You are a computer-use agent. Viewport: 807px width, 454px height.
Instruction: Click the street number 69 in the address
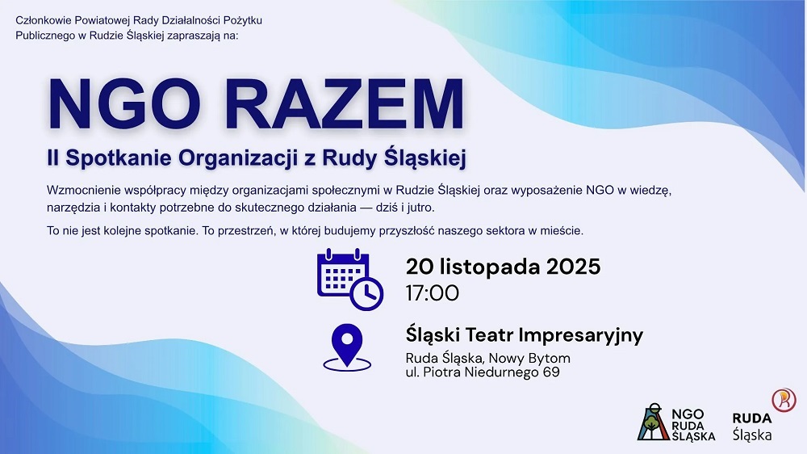tap(551, 372)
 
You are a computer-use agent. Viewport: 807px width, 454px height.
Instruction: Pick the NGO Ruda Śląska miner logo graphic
tap(652, 420)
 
